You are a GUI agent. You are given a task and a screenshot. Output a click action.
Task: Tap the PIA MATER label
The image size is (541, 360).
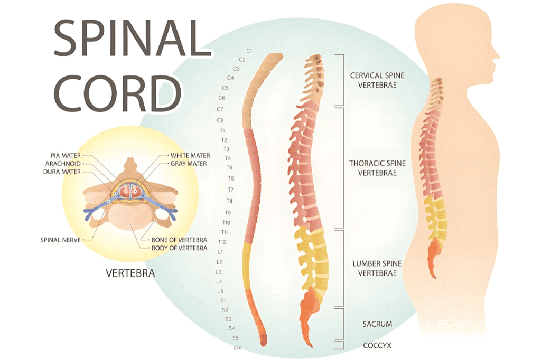click(x=66, y=156)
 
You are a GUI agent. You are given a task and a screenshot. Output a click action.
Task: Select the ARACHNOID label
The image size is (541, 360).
click(x=63, y=164)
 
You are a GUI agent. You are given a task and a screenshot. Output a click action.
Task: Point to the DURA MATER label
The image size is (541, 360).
click(x=62, y=172)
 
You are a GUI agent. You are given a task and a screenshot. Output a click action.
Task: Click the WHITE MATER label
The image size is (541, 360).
click(x=190, y=156)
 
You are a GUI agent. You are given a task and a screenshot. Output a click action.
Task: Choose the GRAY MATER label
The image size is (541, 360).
click(x=188, y=164)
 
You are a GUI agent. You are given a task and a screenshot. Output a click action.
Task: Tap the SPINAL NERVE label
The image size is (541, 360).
click(x=60, y=240)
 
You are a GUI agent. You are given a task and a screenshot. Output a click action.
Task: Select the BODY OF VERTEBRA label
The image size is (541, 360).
click(x=179, y=248)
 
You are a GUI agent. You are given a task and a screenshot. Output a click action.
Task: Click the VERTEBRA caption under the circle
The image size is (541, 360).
click(x=130, y=273)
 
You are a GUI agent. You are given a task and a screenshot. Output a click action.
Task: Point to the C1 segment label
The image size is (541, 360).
click(x=249, y=51)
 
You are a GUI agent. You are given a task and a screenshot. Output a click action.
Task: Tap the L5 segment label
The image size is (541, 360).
click(x=220, y=291)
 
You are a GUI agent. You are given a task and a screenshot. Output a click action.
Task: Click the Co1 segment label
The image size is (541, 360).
click(x=237, y=347)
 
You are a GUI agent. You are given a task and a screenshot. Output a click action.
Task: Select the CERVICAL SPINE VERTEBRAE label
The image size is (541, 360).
click(x=373, y=80)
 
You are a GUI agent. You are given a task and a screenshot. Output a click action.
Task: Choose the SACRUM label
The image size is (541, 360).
click(x=377, y=324)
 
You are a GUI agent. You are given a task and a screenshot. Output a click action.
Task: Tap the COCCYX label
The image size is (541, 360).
click(x=377, y=345)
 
